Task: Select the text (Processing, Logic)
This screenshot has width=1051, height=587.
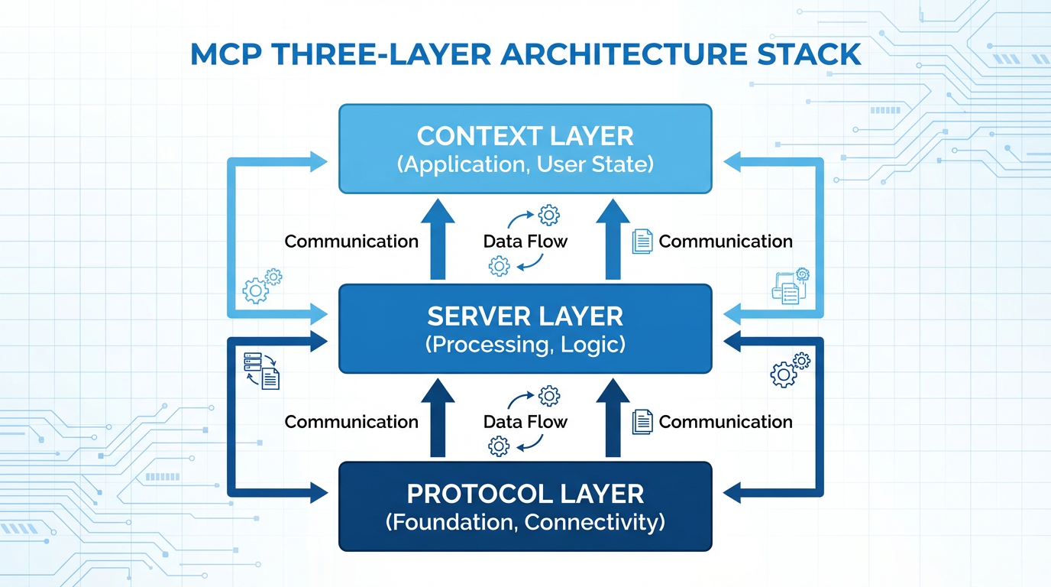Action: pos(525,344)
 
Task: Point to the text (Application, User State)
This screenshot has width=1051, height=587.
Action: pos(525,164)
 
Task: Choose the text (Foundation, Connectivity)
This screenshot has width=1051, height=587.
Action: pos(525,523)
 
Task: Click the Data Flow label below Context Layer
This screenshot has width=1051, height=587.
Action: pos(525,242)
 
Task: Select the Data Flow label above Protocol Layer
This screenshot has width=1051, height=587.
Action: pos(525,422)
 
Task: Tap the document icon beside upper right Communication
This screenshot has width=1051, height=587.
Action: pos(642,242)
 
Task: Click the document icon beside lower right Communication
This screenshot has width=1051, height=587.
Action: pos(642,422)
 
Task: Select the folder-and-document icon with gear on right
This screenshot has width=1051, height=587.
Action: pos(790,287)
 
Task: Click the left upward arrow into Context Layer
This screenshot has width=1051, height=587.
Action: pos(438,237)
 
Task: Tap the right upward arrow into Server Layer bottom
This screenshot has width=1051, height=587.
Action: pos(612,417)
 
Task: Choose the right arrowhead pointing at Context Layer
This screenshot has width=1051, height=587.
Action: pos(732,161)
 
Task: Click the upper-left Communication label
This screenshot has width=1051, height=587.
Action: pos(351,242)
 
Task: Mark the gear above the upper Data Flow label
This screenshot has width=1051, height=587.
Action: pos(548,215)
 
